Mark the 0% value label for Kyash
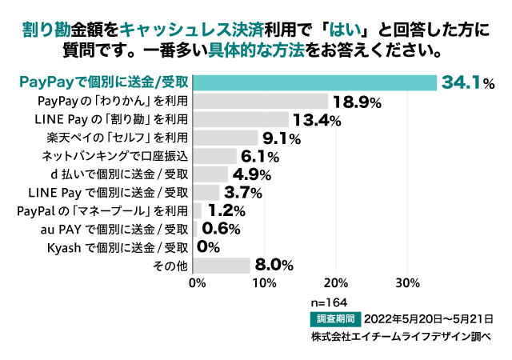[208, 247]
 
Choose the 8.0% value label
[274, 265]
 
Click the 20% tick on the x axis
[337, 282]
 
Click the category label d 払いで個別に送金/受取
[118, 174]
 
